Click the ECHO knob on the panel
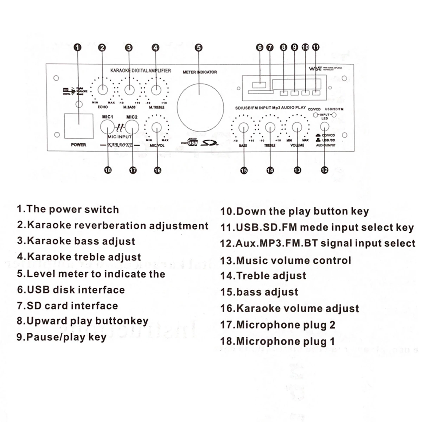103,90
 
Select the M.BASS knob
129,90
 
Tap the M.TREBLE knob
156,90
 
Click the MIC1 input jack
107,127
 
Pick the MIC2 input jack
132,127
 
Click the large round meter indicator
200,108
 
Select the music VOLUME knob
297,127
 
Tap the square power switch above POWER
78,126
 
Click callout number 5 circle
199,47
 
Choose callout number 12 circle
324,170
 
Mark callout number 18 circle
108,170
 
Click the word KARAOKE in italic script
120,145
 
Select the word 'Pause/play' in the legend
51,337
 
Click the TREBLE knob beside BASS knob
270,127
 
